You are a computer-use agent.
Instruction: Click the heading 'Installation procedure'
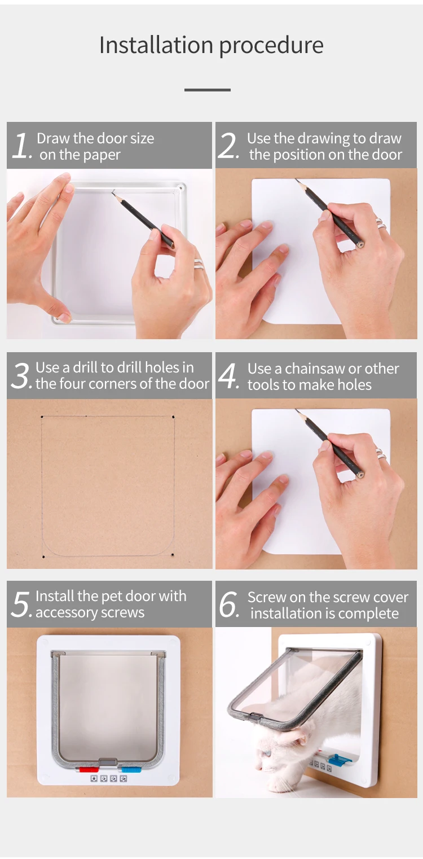[x=211, y=46]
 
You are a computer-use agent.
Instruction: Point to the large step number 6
[x=229, y=605]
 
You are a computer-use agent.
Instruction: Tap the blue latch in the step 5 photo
[x=131, y=769]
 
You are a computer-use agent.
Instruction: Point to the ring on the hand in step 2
[x=381, y=224]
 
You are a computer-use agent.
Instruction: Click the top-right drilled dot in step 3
[x=173, y=417]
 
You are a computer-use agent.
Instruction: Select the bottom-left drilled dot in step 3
[x=43, y=556]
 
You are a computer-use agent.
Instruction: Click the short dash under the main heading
[x=208, y=90]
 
